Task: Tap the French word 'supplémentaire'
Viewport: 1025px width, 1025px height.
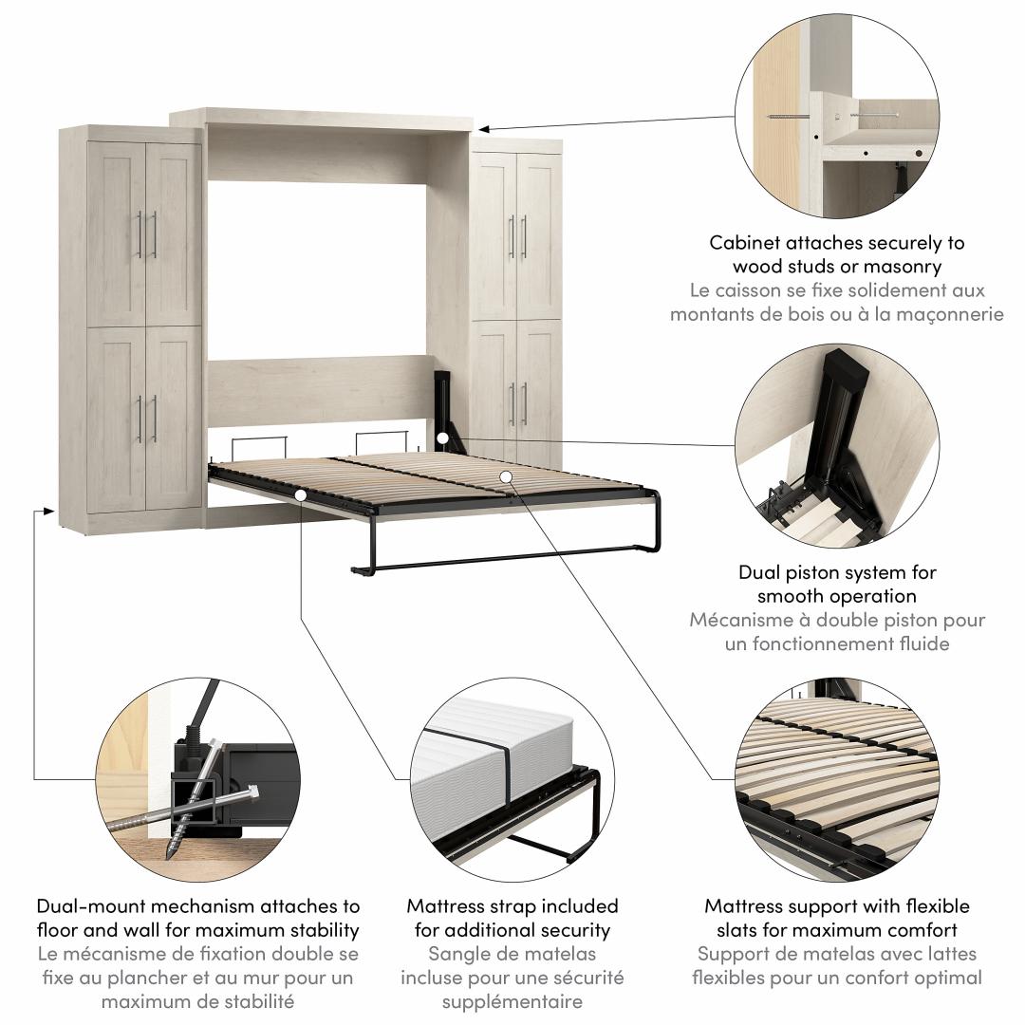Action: click(512, 1002)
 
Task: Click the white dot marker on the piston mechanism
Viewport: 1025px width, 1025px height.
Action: click(442, 438)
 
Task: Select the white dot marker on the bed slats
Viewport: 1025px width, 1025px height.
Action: click(505, 476)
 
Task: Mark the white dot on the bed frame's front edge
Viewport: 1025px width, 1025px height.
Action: click(300, 495)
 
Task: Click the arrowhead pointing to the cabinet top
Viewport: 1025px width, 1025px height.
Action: click(483, 129)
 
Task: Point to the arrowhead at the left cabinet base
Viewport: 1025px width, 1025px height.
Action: click(47, 510)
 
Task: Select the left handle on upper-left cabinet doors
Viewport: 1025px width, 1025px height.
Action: click(140, 234)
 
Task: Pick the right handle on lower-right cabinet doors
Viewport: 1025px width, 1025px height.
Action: click(524, 404)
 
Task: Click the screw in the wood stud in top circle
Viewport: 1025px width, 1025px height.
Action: click(788, 117)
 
